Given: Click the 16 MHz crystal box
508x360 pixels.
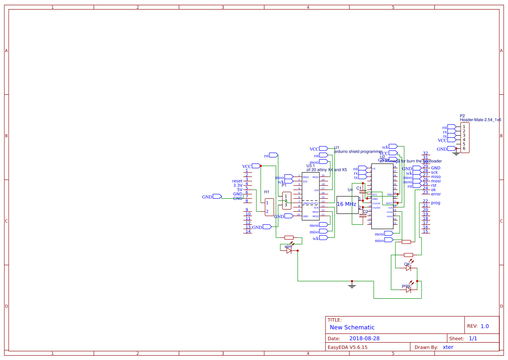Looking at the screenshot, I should pyautogui.click(x=347, y=204).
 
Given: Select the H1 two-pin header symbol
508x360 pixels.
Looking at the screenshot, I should pyautogui.click(x=269, y=207).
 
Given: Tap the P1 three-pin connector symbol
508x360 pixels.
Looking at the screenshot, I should pyautogui.click(x=286, y=200).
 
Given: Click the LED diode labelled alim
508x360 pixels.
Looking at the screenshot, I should pyautogui.click(x=289, y=251).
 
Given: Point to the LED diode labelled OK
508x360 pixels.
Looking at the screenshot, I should pyautogui.click(x=408, y=268).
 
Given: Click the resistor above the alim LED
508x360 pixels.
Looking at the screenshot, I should pyautogui.click(x=289, y=238).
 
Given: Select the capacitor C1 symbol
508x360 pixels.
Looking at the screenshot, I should pyautogui.click(x=363, y=191).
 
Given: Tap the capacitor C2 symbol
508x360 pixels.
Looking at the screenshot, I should pyautogui.click(x=363, y=216).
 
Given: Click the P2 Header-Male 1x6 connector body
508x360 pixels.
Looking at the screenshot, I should pyautogui.click(x=465, y=137).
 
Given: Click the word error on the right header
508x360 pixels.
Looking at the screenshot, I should pyautogui.click(x=436, y=194).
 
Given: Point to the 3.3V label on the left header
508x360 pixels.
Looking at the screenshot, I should pyautogui.click(x=238, y=185).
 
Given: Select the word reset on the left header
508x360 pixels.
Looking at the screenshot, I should pyautogui.click(x=237, y=181).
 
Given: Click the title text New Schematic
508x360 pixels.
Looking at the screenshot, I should pyautogui.click(x=352, y=327).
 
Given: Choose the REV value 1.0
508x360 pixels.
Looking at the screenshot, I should pyautogui.click(x=485, y=326).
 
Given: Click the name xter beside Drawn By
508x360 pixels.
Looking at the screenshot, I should pyautogui.click(x=448, y=347).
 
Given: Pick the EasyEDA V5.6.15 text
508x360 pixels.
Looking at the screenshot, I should pyautogui.click(x=347, y=347).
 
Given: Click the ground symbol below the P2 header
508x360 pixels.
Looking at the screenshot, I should pyautogui.click(x=456, y=153).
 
